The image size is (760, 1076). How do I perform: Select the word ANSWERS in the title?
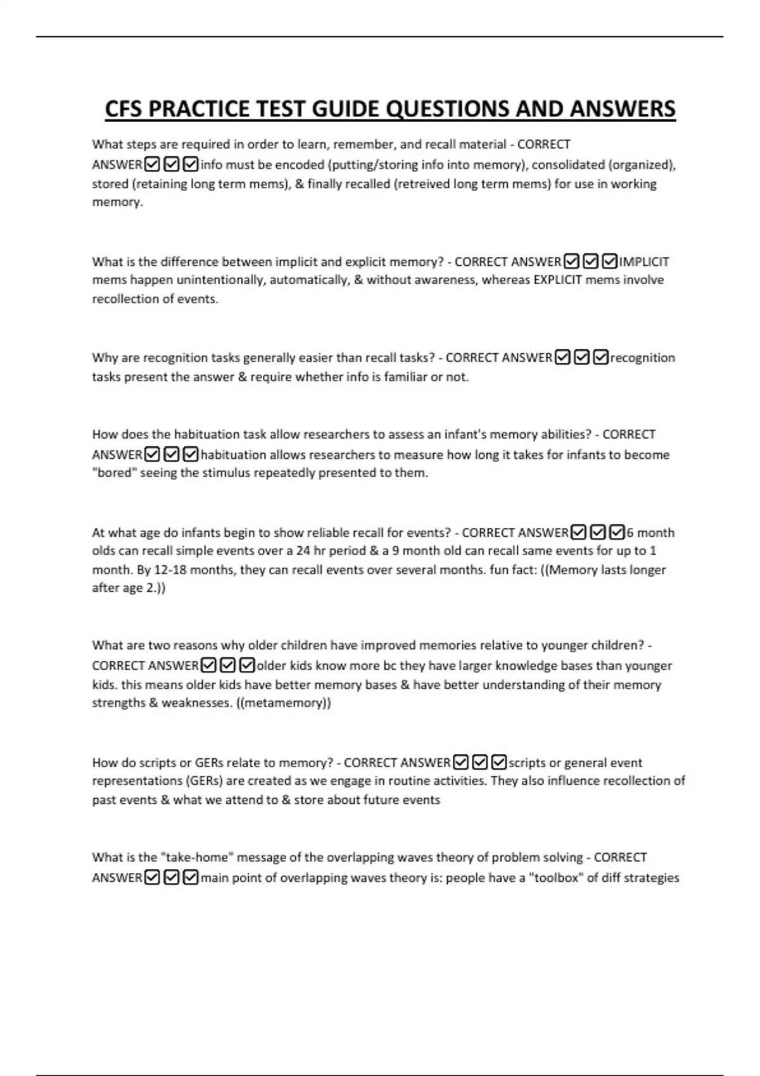pyautogui.click(x=623, y=109)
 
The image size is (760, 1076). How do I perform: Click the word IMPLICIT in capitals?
pyautogui.click(x=644, y=261)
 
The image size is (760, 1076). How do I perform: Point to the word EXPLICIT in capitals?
pyautogui.click(x=557, y=280)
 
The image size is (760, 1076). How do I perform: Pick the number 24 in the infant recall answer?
pyautogui.click(x=303, y=551)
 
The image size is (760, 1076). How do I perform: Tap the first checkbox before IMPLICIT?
pyautogui.click(x=571, y=261)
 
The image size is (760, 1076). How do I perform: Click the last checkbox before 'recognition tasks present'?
pyautogui.click(x=601, y=358)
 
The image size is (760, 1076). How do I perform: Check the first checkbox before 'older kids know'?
pyautogui.click(x=208, y=665)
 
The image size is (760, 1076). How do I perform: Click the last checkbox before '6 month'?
pyautogui.click(x=617, y=532)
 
